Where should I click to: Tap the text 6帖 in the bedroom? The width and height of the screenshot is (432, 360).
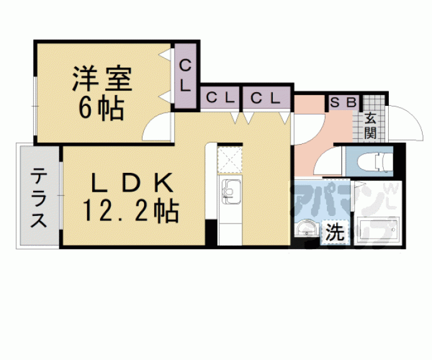pyautogui.click(x=101, y=110)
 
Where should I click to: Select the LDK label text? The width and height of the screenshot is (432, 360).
pyautogui.click(x=131, y=184)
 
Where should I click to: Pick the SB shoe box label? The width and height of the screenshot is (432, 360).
pyautogui.click(x=342, y=101)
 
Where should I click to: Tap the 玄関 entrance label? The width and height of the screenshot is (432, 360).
pyautogui.click(x=371, y=125)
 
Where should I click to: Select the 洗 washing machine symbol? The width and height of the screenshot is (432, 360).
pyautogui.click(x=335, y=234)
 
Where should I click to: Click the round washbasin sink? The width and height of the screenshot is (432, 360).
pyautogui.click(x=307, y=229)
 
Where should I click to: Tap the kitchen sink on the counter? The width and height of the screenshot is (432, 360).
pyautogui.click(x=229, y=190)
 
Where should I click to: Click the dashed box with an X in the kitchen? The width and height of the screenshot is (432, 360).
pyautogui.click(x=229, y=159)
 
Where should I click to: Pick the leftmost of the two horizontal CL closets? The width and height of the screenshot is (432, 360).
pyautogui.click(x=220, y=98)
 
